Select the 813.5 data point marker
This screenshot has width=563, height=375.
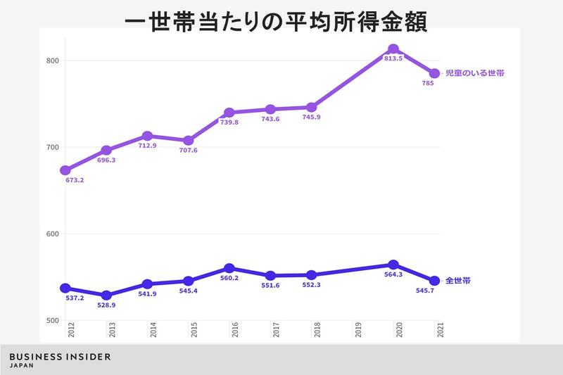pos(393,49)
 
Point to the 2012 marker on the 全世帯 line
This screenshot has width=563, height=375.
pos(65,288)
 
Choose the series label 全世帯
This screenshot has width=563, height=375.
pos(458,281)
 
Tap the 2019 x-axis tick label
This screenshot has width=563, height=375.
pos(358,331)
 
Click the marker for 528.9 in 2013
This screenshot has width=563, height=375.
pos(106,295)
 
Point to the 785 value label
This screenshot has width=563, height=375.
pos(428,83)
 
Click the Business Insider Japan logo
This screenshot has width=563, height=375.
pos(60,360)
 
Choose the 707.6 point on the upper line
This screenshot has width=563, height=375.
pos(188,141)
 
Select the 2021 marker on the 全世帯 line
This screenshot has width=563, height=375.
pos(434,281)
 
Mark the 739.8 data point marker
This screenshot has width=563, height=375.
pos(229,113)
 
